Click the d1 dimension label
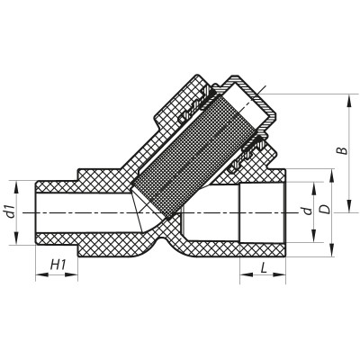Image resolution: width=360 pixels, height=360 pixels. [10, 211]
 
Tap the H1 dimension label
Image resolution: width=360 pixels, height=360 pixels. [60, 264]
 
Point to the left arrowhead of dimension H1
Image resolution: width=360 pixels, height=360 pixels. [38, 276]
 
